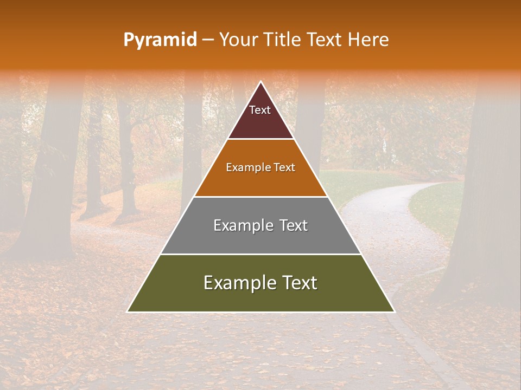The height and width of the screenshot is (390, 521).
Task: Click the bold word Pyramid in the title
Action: (160, 40)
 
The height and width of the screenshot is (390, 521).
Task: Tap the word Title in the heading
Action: (281, 40)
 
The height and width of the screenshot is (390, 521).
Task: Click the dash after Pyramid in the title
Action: (208, 40)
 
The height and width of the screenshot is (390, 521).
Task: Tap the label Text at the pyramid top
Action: (260, 110)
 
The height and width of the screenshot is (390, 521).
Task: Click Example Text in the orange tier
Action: (260, 167)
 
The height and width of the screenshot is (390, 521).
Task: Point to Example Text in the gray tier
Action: (260, 225)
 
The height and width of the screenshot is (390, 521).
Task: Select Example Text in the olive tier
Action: (260, 283)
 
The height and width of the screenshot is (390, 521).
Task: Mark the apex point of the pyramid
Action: (260, 82)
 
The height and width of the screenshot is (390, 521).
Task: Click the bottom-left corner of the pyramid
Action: (128, 311)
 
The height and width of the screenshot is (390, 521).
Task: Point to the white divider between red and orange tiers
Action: (260, 139)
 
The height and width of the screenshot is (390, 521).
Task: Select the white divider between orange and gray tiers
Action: (260, 197)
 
